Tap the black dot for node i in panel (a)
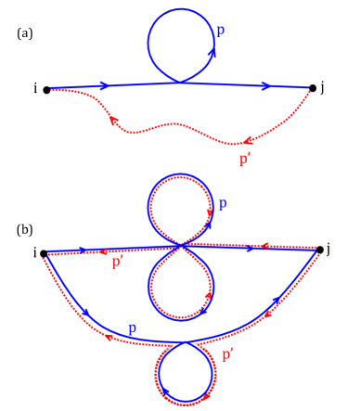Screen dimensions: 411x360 click(46, 90)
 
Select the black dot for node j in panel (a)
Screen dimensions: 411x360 click(314, 88)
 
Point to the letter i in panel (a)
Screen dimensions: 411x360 click(35, 89)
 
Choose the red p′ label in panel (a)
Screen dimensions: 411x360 click(245, 160)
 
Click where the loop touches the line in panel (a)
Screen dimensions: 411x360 click(182, 83)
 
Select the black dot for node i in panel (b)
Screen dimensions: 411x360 click(44, 252)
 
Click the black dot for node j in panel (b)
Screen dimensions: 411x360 click(320, 249)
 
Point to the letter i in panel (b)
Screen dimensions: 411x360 click(32, 252)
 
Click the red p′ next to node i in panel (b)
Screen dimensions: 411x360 click(117, 263)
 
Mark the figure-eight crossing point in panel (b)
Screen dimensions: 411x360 click(182, 246)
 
